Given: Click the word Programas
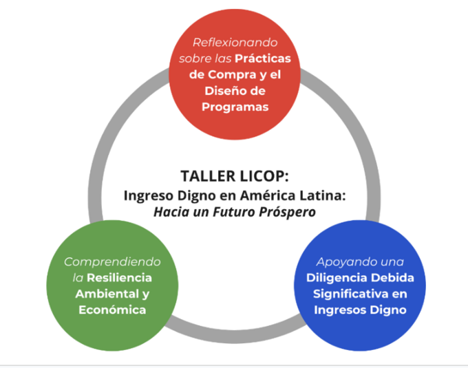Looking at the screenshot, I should click(x=235, y=107).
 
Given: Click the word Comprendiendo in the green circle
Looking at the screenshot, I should click(x=112, y=262).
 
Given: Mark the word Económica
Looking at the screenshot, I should click(x=112, y=310).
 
